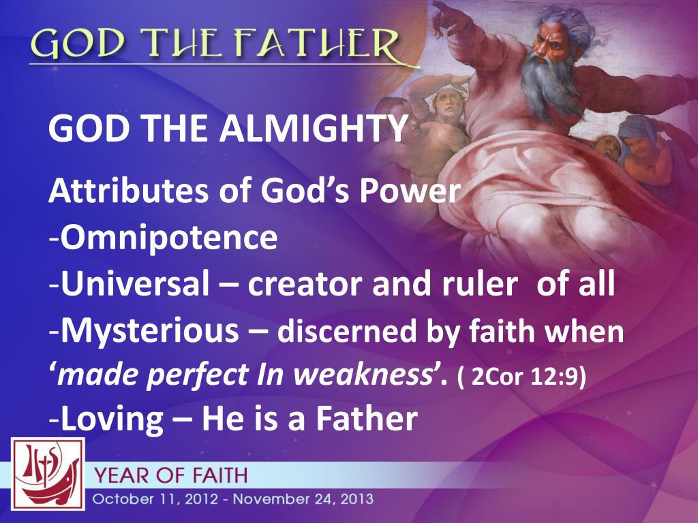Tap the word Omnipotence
tap(170, 238)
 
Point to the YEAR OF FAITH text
tap(171, 475)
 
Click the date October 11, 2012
tap(155, 499)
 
